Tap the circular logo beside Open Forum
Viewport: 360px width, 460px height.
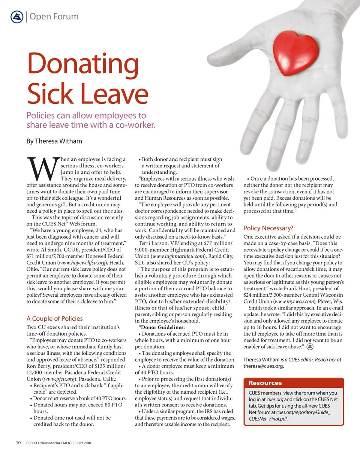[x=17, y=17]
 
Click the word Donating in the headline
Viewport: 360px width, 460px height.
[x=82, y=63]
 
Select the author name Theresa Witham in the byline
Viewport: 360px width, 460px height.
[x=58, y=141]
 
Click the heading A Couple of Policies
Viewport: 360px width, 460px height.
[x=54, y=318]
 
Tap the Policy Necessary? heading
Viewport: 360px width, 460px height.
[x=268, y=228]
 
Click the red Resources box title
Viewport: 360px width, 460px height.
[x=265, y=383]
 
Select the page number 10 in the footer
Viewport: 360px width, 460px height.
[x=18, y=443]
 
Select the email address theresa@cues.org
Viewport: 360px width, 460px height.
[x=264, y=366]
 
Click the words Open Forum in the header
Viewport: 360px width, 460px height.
[x=54, y=17]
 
